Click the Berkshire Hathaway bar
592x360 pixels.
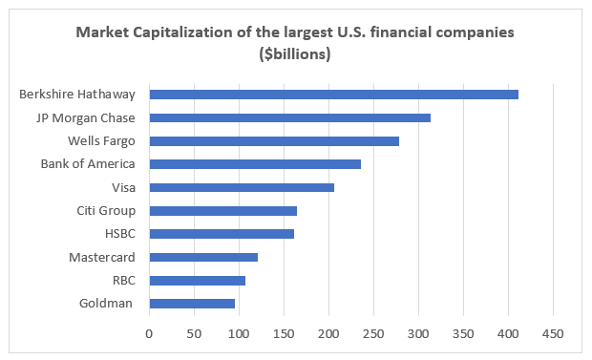(x=334, y=95)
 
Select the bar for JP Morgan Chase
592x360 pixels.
(x=290, y=117)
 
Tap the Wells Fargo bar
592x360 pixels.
(x=274, y=141)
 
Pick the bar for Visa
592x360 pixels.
(x=242, y=187)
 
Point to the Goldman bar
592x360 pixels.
(x=192, y=304)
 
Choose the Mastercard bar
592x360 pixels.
(x=203, y=257)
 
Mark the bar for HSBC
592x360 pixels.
(x=222, y=234)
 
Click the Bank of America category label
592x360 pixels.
(x=88, y=164)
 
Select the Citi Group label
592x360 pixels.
(x=106, y=211)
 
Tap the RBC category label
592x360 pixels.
(x=124, y=281)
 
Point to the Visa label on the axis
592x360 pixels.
(x=123, y=187)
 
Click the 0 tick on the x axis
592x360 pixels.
(x=149, y=334)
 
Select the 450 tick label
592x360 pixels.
(x=553, y=334)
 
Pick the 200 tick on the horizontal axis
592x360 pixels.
(x=328, y=334)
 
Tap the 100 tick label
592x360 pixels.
(x=239, y=334)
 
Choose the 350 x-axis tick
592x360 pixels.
(x=463, y=334)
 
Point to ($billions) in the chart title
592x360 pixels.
(x=295, y=54)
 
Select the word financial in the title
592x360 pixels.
(x=401, y=32)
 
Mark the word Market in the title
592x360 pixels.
(x=102, y=32)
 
